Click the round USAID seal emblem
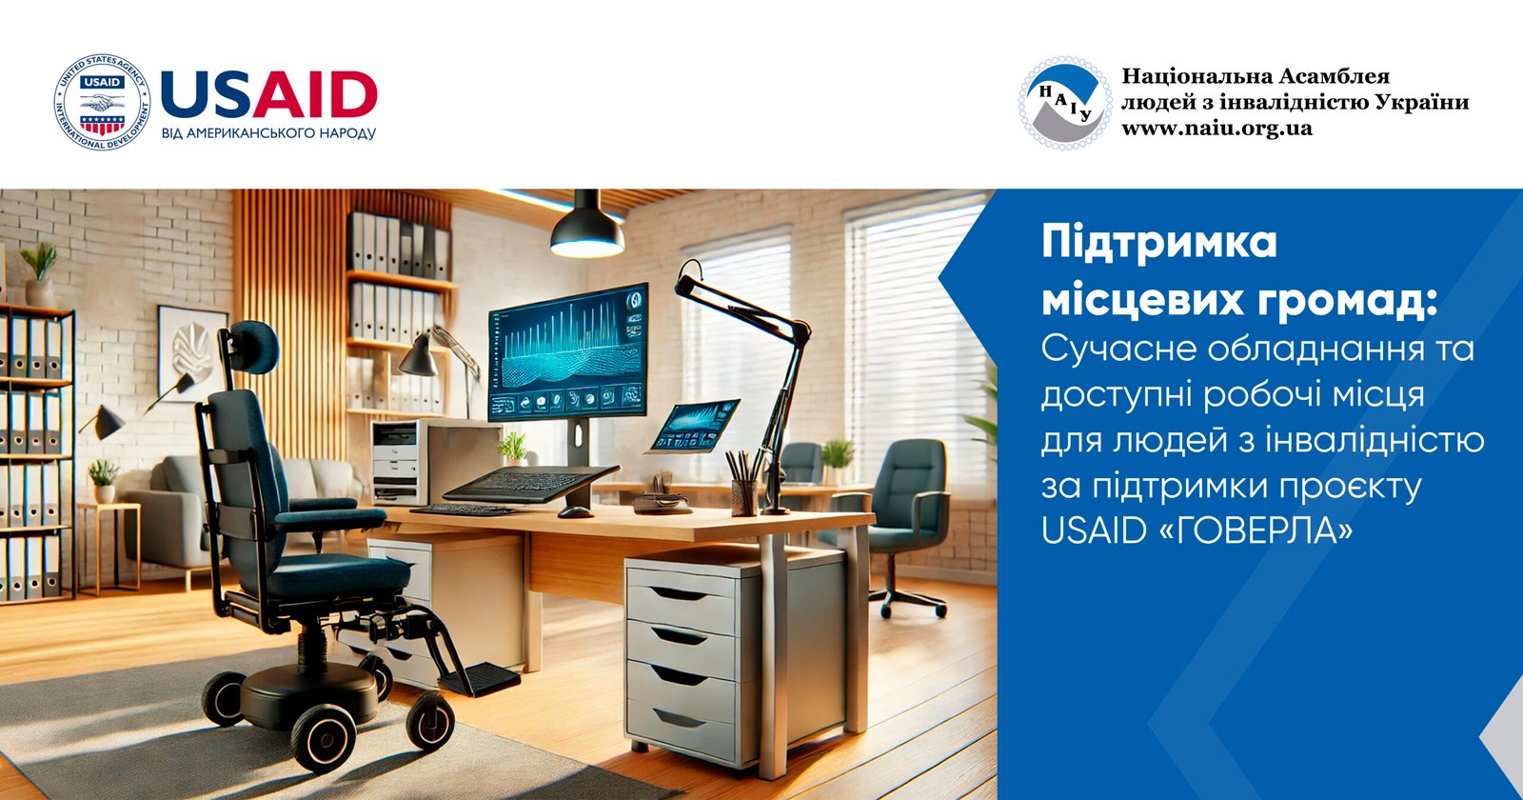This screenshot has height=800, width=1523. click(x=102, y=102)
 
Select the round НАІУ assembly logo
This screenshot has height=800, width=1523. click(x=1065, y=103)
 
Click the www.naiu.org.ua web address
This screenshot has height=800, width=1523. click(x=1216, y=129)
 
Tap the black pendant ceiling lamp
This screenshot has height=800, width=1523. click(x=587, y=225)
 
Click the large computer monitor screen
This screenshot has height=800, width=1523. click(x=567, y=351)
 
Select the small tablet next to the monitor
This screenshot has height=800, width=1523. click(x=695, y=426)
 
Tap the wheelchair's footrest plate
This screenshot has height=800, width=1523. click(x=480, y=678)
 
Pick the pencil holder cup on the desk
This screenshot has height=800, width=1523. click(x=744, y=497)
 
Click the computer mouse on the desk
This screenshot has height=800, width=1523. click(x=575, y=511)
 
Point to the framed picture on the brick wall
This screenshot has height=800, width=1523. click(x=192, y=353)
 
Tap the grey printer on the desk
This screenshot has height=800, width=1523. click(x=436, y=462)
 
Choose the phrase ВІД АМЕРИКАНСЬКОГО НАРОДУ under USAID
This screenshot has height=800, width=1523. click(x=268, y=132)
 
